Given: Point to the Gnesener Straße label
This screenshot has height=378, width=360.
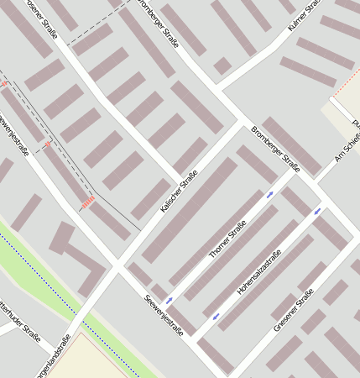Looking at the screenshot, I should [293, 310].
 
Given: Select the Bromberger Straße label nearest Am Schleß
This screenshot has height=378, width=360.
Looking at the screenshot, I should [275, 144].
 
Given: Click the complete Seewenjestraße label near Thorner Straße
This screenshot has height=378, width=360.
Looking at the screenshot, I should [164, 314].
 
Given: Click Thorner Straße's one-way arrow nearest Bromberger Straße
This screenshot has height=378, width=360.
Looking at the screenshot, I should [270, 195].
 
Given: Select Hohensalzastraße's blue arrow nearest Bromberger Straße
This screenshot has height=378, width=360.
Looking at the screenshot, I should [317, 212].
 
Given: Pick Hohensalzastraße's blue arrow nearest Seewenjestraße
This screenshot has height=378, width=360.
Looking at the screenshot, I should [216, 317].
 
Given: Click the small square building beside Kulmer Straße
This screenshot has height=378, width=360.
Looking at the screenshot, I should [222, 66].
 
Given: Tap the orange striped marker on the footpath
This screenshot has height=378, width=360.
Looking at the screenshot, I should [89, 202].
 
